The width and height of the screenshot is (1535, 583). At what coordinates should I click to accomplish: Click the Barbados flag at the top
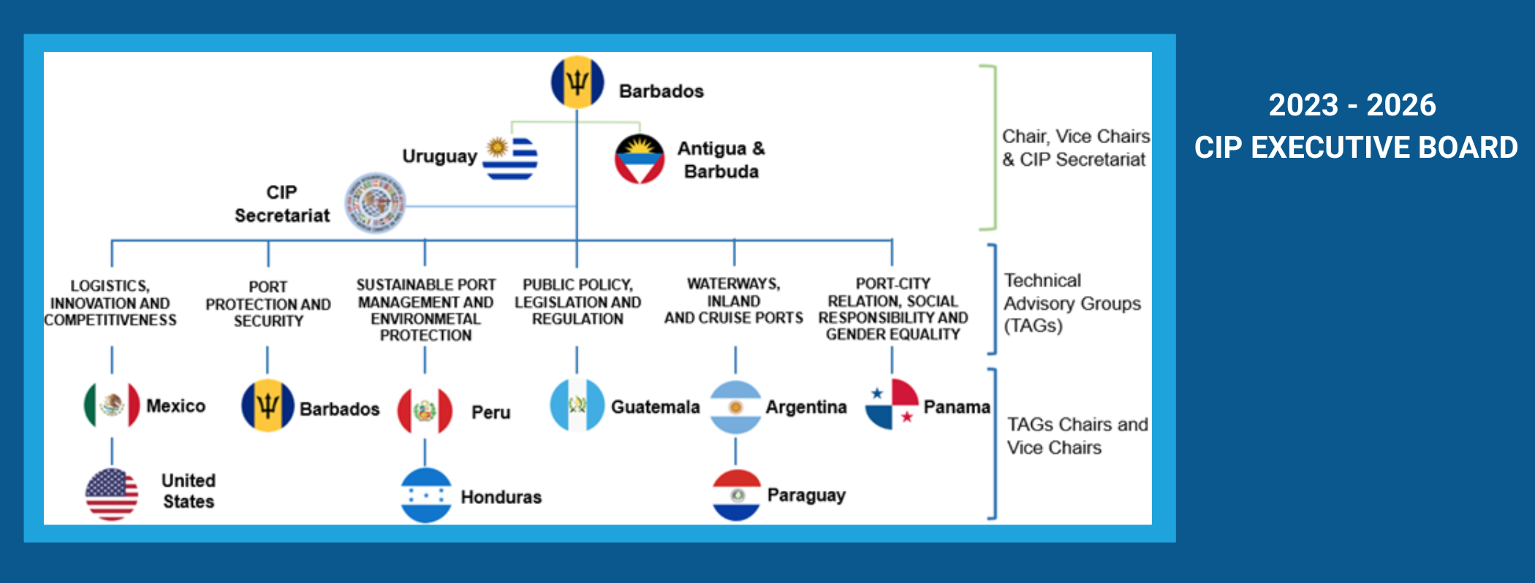[577, 83]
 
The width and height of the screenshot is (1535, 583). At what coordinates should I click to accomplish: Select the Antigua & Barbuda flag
[640, 159]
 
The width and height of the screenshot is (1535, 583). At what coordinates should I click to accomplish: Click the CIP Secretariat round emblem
[375, 203]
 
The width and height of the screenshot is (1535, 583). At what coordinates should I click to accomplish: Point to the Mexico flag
[112, 405]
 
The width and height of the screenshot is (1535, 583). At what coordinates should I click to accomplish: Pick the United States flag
[112, 495]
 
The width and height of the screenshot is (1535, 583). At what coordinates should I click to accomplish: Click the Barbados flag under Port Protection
[268, 405]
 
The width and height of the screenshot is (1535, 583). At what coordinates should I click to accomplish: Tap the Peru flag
[425, 411]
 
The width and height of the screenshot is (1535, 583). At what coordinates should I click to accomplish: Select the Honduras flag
[426, 495]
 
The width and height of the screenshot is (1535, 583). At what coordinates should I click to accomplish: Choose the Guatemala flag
[577, 405]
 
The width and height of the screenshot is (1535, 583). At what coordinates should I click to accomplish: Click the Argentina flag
[736, 407]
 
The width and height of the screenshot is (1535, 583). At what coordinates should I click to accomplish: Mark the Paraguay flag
[737, 495]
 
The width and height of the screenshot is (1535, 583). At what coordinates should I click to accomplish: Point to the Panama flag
[892, 405]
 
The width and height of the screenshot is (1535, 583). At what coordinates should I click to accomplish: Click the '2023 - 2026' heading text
[1352, 105]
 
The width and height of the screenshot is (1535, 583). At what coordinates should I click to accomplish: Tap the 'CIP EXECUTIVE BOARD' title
[1356, 148]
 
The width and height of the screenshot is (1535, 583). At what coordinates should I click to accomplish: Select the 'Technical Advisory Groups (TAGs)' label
[1072, 303]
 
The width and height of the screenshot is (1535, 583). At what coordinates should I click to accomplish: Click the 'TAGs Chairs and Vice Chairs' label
[1077, 436]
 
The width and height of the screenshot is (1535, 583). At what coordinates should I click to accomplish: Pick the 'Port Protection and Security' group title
[268, 304]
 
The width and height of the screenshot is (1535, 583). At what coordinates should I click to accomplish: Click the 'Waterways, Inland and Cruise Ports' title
[734, 300]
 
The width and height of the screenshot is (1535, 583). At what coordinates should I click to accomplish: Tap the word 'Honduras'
[501, 497]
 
